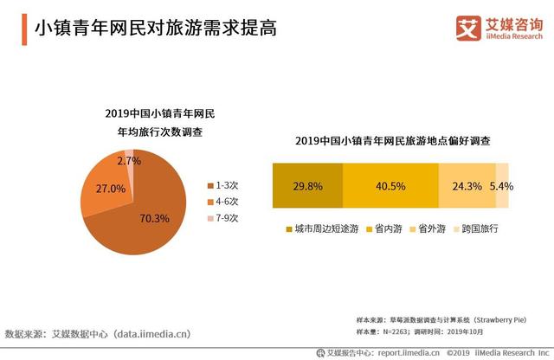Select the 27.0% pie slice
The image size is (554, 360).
click(x=105, y=187)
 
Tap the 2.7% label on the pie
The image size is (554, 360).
click(x=128, y=160)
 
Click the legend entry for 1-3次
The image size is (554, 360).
click(x=222, y=185)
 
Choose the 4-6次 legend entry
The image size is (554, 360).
click(x=222, y=201)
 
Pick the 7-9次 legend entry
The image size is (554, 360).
click(x=222, y=217)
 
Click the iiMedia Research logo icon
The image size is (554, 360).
click(x=467, y=27)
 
